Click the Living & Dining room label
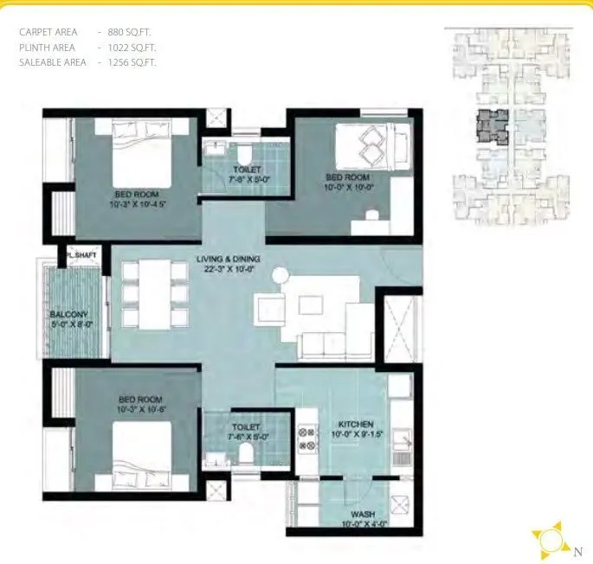point(229,260)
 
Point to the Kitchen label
point(356,425)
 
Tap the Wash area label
point(362,513)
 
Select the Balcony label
point(67,314)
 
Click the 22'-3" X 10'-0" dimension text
point(229,270)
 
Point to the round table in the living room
point(280,275)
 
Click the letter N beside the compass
point(577,549)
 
